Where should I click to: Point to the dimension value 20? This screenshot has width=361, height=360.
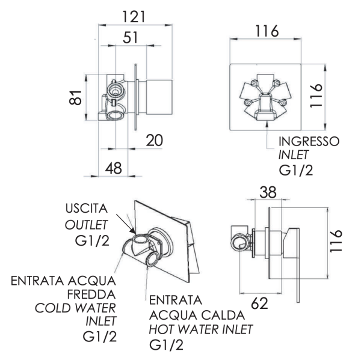[x=154, y=140]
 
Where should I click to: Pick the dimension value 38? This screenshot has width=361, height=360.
[x=268, y=192]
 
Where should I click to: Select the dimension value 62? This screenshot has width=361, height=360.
[x=260, y=304]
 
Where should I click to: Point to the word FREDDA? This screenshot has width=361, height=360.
[x=91, y=294]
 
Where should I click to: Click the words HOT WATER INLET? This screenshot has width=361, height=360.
[x=200, y=329]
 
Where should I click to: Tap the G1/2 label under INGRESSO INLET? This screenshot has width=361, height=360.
[x=295, y=171]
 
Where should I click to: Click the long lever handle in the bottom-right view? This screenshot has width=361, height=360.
[x=297, y=264]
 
